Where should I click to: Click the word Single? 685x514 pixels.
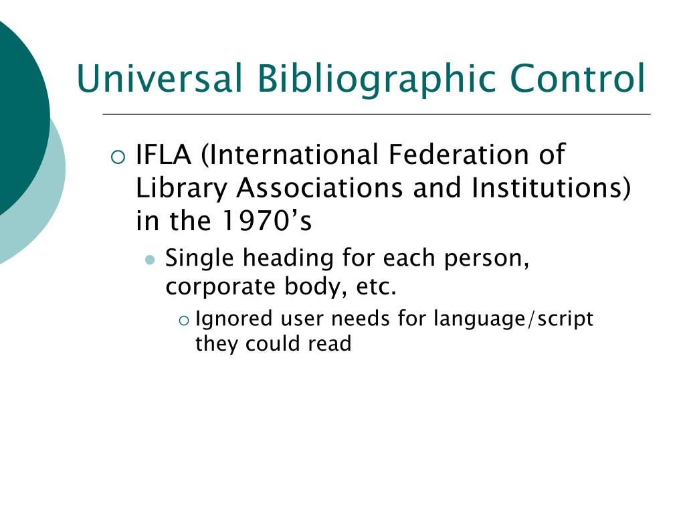(199, 258)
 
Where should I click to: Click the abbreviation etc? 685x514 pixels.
(379, 286)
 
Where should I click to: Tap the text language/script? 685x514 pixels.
(513, 319)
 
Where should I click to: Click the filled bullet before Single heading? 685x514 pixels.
(151, 259)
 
